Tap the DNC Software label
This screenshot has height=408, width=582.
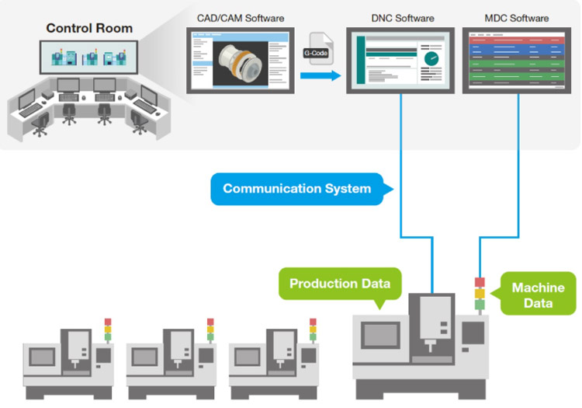point(399,18)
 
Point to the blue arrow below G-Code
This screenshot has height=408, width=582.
point(320,75)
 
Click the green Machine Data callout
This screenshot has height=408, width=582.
point(538,294)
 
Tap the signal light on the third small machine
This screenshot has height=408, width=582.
point(313,330)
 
